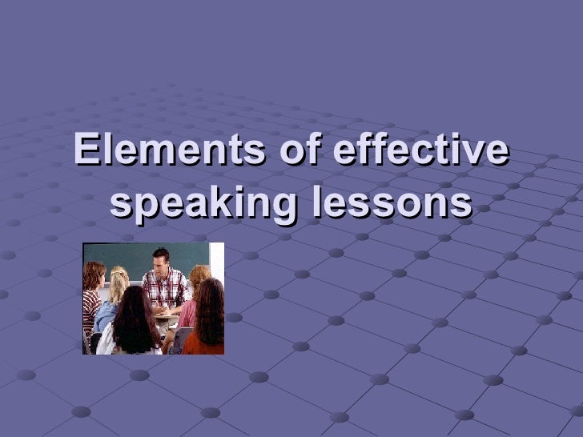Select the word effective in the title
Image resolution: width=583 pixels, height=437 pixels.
pyautogui.click(x=416, y=152)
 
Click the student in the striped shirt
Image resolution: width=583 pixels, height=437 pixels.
pyautogui.click(x=92, y=300)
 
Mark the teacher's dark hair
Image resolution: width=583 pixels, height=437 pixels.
pyautogui.click(x=160, y=251)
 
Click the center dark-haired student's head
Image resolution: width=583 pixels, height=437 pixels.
pyautogui.click(x=137, y=304)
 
